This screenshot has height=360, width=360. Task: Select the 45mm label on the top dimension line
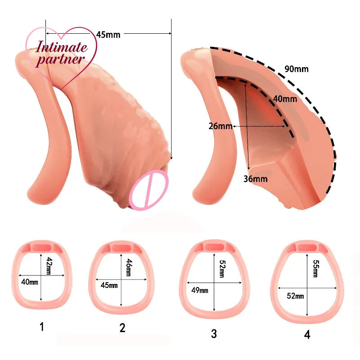coord(108,34)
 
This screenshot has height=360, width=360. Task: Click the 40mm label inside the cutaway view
coord(284,99)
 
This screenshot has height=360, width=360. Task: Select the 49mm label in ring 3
coord(200,290)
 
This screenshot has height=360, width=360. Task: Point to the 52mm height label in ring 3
coord(222,270)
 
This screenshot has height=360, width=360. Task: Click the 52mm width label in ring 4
coord(295,296)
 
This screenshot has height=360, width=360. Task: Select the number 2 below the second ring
coord(122,328)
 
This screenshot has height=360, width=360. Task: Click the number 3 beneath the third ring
coord(214,334)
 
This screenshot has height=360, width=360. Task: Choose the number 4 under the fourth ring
coord(306,335)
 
